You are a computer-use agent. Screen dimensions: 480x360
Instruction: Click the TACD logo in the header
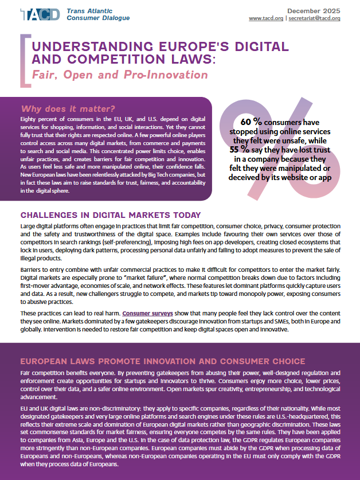[40, 14]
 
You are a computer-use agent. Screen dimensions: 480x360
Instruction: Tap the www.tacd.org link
[266, 18]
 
